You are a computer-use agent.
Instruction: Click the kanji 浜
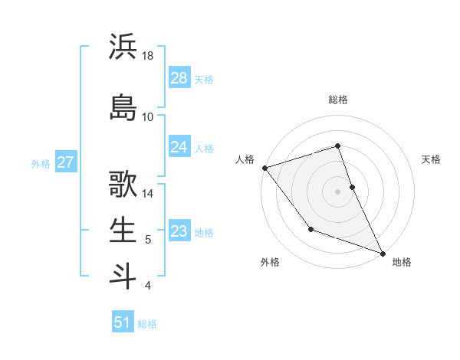click(123, 47)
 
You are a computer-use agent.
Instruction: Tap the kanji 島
click(123, 106)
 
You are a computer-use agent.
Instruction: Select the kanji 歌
click(123, 185)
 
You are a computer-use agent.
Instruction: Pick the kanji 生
click(123, 231)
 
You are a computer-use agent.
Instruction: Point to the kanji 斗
click(123, 275)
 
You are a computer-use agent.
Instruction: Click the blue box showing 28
click(179, 79)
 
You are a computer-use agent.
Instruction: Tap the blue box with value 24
click(179, 147)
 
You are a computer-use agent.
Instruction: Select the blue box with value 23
click(179, 231)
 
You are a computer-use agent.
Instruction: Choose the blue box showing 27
click(65, 162)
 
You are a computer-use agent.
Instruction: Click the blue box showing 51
click(123, 322)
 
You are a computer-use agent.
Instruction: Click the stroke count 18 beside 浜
click(148, 56)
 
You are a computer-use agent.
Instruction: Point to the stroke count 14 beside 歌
click(148, 194)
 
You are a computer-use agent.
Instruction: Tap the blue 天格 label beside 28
click(204, 80)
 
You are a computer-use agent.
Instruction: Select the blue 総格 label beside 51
click(147, 324)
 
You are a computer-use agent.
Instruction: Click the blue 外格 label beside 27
click(41, 163)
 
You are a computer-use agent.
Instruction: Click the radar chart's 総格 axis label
click(337, 100)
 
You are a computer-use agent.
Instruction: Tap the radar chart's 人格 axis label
click(245, 159)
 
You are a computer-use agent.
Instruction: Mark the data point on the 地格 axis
click(383, 254)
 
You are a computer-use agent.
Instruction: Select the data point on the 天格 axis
click(352, 186)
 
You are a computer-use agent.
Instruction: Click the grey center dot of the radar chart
click(337, 191)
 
